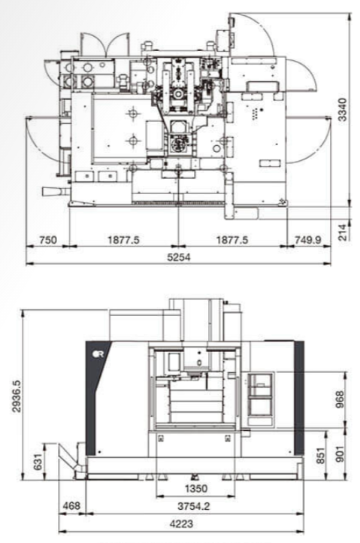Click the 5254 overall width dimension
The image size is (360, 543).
(180, 257)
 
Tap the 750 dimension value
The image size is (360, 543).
(48, 240)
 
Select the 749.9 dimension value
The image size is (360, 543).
(308, 240)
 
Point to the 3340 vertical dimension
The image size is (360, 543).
(342, 110)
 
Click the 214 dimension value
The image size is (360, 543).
(342, 232)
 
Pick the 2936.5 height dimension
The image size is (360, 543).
(17, 396)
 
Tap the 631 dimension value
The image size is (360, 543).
(38, 462)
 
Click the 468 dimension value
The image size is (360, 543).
(71, 506)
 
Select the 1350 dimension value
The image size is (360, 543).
(196, 489)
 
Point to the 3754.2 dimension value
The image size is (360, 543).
(194, 506)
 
